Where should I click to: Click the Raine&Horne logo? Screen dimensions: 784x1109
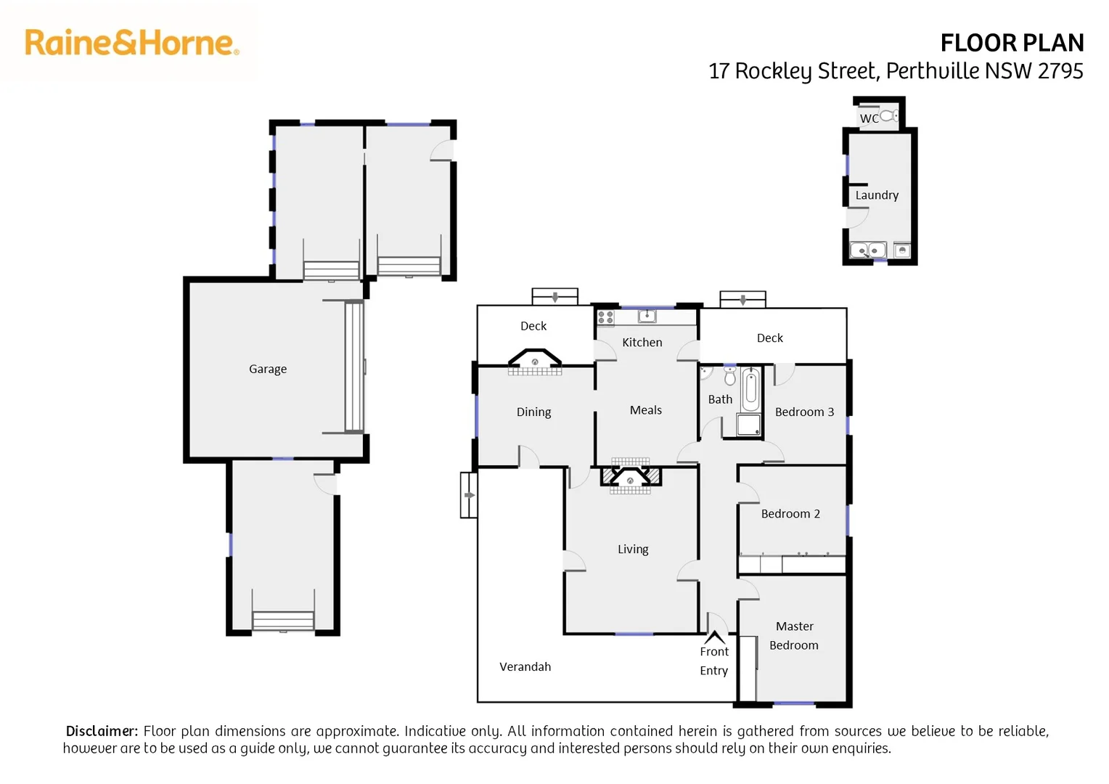131,43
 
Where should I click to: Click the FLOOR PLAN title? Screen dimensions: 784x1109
1011,44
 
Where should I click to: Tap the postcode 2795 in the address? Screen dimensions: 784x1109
1060,71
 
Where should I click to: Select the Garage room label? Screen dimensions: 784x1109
268,369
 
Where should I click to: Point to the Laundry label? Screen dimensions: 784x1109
877,195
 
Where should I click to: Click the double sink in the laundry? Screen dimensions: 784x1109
868,250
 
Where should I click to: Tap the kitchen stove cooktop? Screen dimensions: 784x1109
605,317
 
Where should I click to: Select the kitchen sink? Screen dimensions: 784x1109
647,316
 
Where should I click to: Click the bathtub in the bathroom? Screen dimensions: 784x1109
751,390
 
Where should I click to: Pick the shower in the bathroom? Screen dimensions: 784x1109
749,425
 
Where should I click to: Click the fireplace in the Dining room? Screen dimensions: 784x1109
535,361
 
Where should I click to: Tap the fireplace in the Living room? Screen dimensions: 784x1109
630,478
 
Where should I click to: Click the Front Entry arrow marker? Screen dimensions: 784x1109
715,637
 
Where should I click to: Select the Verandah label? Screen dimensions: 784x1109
525,666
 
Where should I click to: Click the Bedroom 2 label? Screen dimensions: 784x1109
790,514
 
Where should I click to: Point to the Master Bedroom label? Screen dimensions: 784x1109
794,636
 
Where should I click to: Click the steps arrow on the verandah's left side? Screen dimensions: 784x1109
469,495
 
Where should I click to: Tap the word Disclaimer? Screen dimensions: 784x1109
102,731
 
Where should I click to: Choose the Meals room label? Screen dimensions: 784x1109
645,410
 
